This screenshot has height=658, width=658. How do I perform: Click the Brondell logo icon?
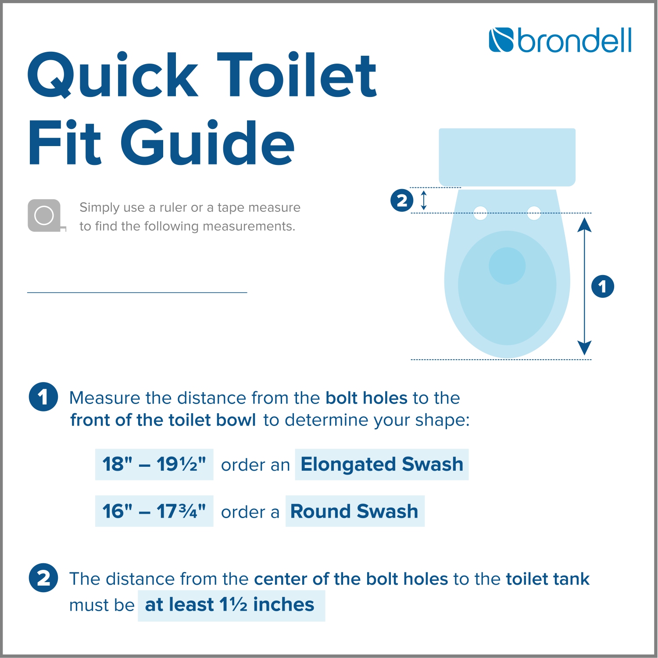pyautogui.click(x=501, y=40)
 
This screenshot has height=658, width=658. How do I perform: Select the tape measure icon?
pyautogui.click(x=45, y=215)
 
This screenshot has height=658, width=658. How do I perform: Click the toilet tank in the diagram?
pyautogui.click(x=507, y=157)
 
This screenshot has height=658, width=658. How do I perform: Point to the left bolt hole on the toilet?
pyautogui.click(x=480, y=214)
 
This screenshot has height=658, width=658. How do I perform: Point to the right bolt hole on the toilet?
pyautogui.click(x=534, y=214)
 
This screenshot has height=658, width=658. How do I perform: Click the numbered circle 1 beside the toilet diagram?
pyautogui.click(x=602, y=286)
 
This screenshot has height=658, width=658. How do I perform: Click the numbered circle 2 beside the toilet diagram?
pyautogui.click(x=402, y=200)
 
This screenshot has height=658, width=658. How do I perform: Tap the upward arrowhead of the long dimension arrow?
pyautogui.click(x=584, y=225)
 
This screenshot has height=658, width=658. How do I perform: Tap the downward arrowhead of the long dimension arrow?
pyautogui.click(x=584, y=347)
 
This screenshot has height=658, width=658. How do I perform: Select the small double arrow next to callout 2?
pyautogui.click(x=423, y=200)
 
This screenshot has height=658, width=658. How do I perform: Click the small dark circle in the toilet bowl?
pyautogui.click(x=507, y=266)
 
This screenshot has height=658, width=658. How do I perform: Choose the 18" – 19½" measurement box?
pyautogui.click(x=154, y=465)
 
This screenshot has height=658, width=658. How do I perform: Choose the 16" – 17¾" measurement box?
pyautogui.click(x=154, y=511)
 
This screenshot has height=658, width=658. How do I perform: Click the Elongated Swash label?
pyautogui.click(x=382, y=465)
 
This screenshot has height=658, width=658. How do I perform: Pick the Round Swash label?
pyautogui.click(x=354, y=511)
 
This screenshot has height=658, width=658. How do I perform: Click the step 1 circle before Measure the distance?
pyautogui.click(x=43, y=397)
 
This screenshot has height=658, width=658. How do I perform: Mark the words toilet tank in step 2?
pyautogui.click(x=547, y=579)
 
